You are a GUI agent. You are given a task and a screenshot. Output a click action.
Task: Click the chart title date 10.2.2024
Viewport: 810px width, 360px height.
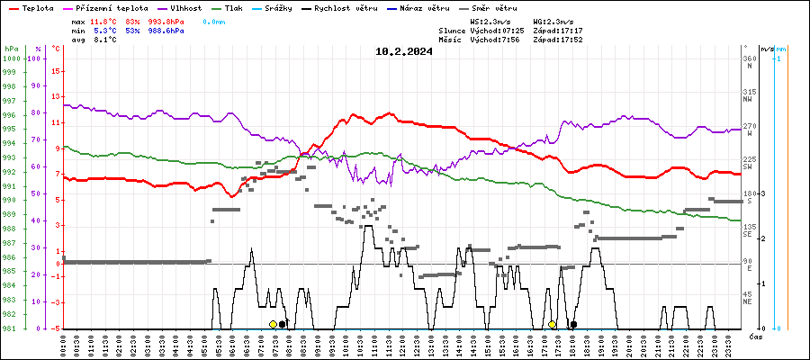pyautogui.click(x=404, y=51)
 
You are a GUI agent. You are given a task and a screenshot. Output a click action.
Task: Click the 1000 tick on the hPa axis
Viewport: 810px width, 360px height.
pyautogui.click(x=12, y=58)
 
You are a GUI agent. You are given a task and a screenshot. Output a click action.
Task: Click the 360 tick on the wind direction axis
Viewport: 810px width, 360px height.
pyautogui.click(x=748, y=58)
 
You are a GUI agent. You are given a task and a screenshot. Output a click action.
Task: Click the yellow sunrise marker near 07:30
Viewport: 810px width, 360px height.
pyautogui.click(x=273, y=324)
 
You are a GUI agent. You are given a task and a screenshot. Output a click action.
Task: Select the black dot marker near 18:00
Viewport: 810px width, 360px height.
pyautogui.click(x=573, y=324)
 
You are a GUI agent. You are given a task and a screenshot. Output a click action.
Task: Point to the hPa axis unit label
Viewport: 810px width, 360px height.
pyautogui.click(x=11, y=48)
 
